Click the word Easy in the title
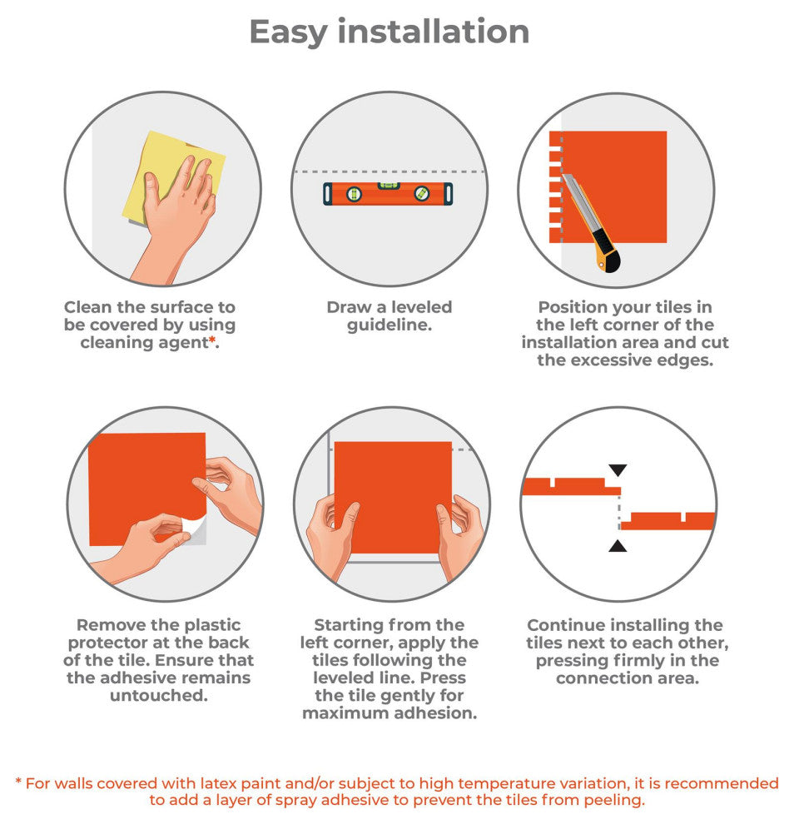pyautogui.click(x=289, y=33)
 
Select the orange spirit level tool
pyautogui.click(x=388, y=193)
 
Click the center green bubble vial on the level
pyautogui.click(x=389, y=186)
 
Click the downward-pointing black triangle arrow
pyautogui.click(x=618, y=469)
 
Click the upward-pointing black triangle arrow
pyautogui.click(x=618, y=546)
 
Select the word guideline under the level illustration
pyautogui.click(x=390, y=325)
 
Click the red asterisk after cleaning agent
pyautogui.click(x=212, y=340)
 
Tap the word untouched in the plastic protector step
pyautogui.click(x=158, y=695)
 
